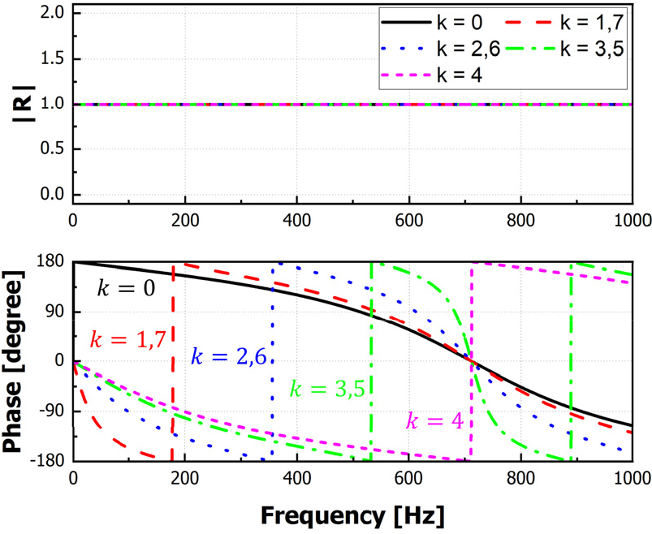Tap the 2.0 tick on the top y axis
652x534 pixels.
[x=50, y=14]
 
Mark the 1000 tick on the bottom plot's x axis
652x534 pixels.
[x=631, y=476]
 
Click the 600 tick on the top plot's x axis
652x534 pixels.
[x=408, y=220]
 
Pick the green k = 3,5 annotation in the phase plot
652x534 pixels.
[x=329, y=388]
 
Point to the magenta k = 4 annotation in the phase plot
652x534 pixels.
[x=434, y=420]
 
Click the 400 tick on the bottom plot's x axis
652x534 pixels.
[x=297, y=476]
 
